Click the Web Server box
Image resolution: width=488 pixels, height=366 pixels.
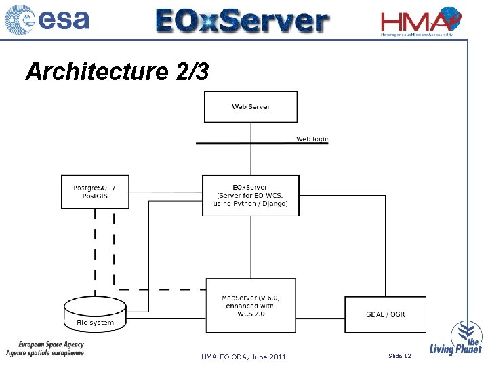point(251,107)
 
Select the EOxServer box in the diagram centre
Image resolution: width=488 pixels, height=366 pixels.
point(251,195)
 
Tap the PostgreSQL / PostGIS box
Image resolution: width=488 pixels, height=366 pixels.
point(94,192)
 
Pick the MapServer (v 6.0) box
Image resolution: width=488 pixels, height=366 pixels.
point(251,305)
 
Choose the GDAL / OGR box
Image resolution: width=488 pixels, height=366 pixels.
point(385,314)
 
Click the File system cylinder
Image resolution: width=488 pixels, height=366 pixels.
point(95,315)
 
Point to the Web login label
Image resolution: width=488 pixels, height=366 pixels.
point(312,139)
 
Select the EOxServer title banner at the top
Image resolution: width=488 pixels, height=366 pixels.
point(242,20)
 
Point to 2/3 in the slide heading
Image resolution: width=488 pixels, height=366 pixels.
point(192,71)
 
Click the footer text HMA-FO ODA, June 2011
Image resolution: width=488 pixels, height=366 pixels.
point(244,357)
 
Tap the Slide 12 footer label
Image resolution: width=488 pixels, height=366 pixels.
point(400,356)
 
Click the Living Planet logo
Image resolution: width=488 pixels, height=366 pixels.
point(457,339)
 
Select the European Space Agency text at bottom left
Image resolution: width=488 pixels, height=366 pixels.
point(51,344)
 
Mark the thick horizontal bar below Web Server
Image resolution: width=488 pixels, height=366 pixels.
point(261,143)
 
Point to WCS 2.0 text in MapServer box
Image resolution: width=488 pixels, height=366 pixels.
point(251,314)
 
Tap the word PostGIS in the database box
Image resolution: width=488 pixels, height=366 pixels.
point(95,196)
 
